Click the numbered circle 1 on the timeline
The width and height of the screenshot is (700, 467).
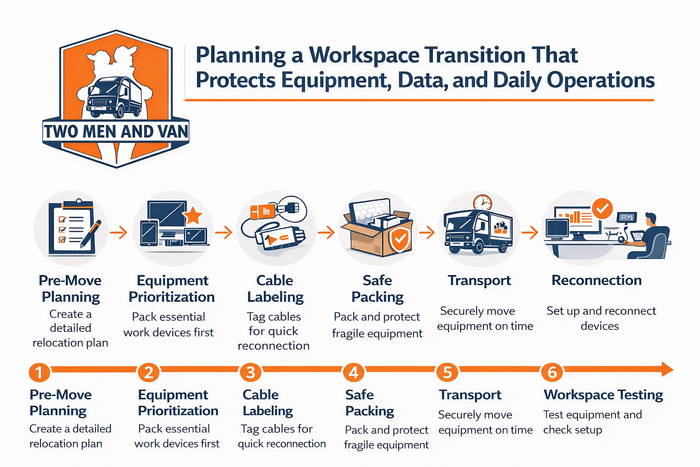pos(39,372)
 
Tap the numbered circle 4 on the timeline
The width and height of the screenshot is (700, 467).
pos(354,372)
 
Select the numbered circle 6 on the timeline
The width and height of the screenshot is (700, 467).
pos(552,372)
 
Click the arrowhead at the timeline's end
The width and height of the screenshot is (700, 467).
pos(666,369)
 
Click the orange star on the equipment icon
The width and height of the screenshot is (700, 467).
pos(193,215)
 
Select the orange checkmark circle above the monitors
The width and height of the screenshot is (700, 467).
pos(602,209)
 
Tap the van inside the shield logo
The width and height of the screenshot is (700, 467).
pos(114,97)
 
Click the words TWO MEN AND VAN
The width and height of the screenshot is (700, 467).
pos(116,131)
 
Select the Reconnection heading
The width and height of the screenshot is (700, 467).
pos(596,280)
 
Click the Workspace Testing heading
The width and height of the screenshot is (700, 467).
pos(603,394)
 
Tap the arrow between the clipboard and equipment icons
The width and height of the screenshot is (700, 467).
pos(118,233)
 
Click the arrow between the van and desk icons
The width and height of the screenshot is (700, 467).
pos(529,233)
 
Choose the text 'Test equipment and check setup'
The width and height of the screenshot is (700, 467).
pos(592,422)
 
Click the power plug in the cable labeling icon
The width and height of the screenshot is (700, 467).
pos(290,208)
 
